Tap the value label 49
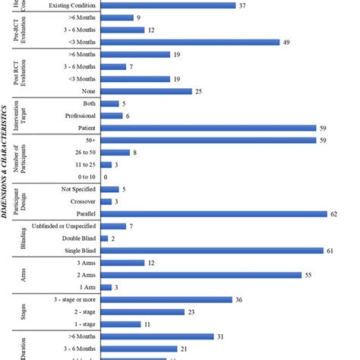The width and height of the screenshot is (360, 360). pos(287,42)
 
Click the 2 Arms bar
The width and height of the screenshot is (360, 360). pos(201,275)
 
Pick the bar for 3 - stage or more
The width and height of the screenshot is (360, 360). pos(167,299)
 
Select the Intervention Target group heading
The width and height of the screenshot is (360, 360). pos(21,115)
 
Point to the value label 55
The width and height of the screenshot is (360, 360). pos(308,275)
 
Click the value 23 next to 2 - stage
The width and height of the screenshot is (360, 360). pos(192,311)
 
